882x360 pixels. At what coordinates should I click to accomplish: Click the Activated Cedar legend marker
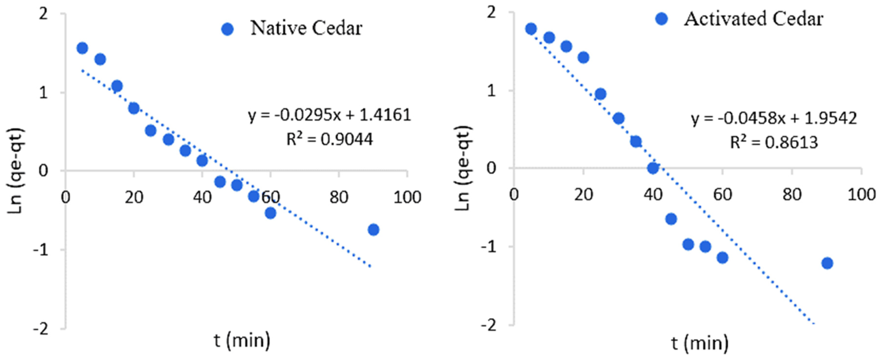pyautogui.click(x=662, y=19)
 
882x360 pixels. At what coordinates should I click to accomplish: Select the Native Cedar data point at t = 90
pyautogui.click(x=374, y=229)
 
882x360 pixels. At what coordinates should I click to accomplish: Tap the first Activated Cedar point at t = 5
pyautogui.click(x=531, y=29)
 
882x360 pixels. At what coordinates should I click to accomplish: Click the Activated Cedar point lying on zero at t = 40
pyautogui.click(x=653, y=168)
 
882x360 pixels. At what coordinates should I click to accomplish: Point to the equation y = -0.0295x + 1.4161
pyautogui.click(x=329, y=115)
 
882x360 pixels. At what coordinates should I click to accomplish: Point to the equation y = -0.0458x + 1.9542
pyautogui.click(x=774, y=118)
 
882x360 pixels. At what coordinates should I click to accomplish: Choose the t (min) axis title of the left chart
pyautogui.click(x=242, y=341)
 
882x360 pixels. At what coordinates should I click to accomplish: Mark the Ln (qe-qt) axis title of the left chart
pyautogui.click(x=16, y=171)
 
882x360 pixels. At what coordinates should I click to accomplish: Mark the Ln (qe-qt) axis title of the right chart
pyautogui.click(x=464, y=168)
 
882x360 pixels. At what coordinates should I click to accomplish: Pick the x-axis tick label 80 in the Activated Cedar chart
pyautogui.click(x=792, y=195)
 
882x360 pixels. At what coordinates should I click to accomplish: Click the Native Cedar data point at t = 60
pyautogui.click(x=270, y=213)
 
